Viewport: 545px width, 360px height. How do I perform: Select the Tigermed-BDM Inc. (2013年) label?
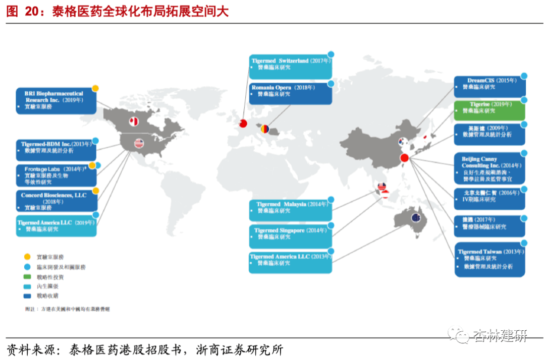56,147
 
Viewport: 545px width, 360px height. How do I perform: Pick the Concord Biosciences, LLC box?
56,201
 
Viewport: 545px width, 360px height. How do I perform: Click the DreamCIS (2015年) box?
489,86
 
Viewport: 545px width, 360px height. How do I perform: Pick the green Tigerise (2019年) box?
489,110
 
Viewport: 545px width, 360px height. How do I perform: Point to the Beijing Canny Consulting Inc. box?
489,168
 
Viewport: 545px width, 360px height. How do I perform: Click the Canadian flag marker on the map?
134,122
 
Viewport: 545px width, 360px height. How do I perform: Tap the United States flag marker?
139,143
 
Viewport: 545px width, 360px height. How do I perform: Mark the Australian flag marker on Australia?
416,218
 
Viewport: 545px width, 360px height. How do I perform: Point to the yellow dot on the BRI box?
95,89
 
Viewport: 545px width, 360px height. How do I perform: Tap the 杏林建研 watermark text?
500,336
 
